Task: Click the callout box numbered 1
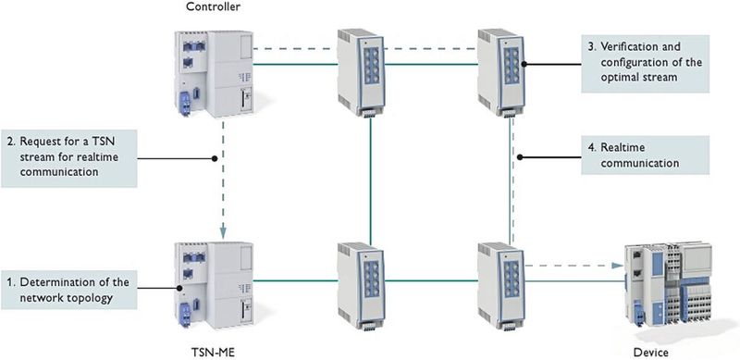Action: (x=70, y=288)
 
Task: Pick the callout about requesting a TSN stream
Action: (x=70, y=158)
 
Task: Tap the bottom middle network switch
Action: (x=356, y=283)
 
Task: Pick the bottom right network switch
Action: (x=499, y=283)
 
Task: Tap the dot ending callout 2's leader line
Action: (x=215, y=158)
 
